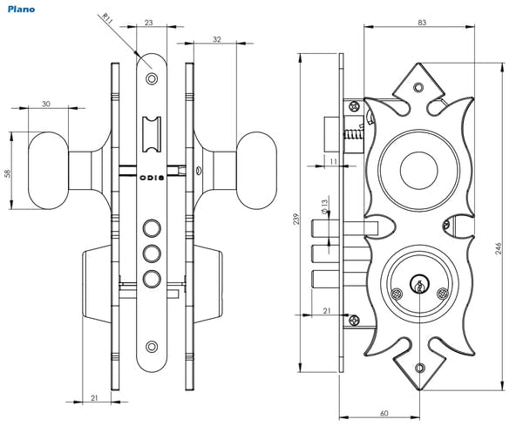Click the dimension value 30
(x=44, y=104)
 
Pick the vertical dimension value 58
(x=8, y=172)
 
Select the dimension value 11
(x=334, y=161)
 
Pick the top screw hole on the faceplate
(x=152, y=79)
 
